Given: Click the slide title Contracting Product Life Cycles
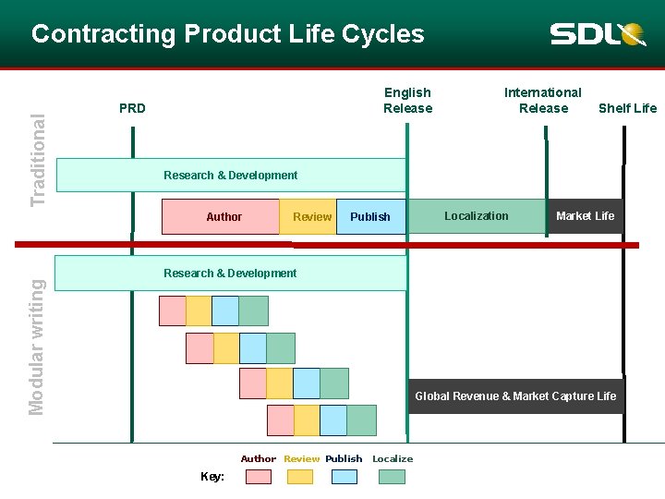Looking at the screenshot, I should point(227,34).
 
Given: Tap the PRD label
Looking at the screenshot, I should point(132,108).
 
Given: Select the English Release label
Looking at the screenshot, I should point(407,100).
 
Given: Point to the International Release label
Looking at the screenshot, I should point(543,100).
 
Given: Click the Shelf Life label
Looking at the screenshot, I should point(627,108).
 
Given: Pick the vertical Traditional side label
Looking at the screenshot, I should point(38,160).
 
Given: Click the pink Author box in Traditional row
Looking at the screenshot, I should point(221,217).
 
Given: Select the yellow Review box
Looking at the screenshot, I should point(308,217).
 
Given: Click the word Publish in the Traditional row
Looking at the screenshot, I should point(370,217).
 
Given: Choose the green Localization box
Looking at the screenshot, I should point(477,216).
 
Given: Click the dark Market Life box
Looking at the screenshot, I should point(585,216).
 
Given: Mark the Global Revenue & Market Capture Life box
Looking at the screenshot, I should point(515,396).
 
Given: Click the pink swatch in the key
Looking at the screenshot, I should point(259,477).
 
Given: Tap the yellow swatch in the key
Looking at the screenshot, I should point(300,477).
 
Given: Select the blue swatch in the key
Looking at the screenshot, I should point(344,477).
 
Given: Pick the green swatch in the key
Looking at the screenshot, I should point(392,477).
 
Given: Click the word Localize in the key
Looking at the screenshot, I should point(393,458).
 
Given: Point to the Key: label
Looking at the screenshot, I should point(212,477).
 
